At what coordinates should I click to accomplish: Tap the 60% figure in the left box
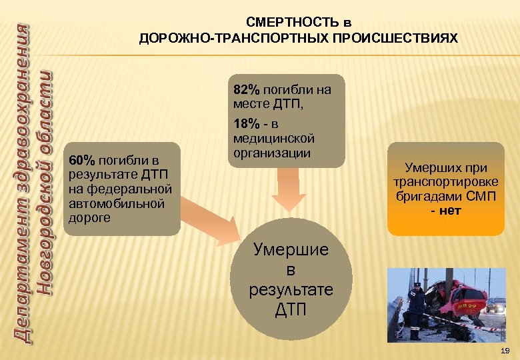click(x=83, y=161)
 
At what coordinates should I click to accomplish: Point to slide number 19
click(x=505, y=350)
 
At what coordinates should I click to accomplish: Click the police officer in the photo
click(x=415, y=310)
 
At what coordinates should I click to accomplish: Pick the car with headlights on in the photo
click(x=496, y=305)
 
